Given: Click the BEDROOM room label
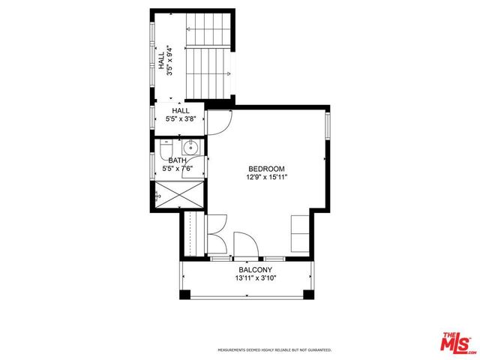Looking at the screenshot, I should coord(265,169).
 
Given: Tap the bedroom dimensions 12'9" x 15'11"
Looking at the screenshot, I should coord(265,178).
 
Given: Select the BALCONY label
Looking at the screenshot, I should coord(255,270).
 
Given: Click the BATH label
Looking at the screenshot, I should coord(177,160).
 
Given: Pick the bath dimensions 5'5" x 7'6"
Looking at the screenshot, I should coord(177,169).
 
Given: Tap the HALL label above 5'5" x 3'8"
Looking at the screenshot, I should coord(181,111).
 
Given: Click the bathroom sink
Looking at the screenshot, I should coord(190,147).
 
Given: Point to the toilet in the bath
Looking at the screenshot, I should coord(168,147).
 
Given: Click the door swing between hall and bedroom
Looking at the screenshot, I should coord(219,122).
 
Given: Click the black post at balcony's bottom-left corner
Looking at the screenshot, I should coord(181,294).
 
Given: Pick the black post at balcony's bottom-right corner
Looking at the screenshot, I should coord(308,294).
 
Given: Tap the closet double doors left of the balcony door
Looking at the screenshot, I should coord(216,235).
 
